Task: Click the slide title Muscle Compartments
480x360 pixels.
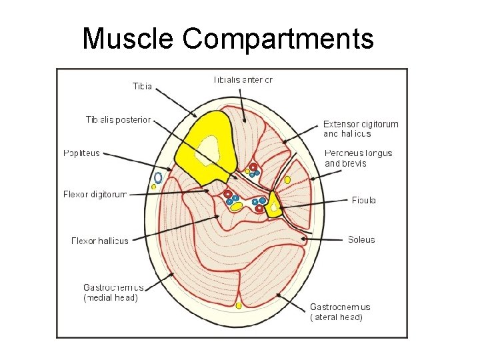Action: [228, 39]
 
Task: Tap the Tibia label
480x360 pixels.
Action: [142, 86]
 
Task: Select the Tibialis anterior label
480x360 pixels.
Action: [243, 79]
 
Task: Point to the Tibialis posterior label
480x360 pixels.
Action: [118, 120]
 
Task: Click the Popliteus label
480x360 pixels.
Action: [81, 153]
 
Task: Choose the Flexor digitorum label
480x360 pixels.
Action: [95, 195]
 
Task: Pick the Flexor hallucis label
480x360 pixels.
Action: [99, 241]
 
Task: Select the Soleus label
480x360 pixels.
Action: [361, 239]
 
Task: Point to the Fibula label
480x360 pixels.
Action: [364, 199]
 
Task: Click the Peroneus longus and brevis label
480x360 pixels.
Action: [358, 158]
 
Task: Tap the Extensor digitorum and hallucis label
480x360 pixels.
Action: [361, 129]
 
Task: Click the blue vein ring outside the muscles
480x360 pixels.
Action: [158, 178]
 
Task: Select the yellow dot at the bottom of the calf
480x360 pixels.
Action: [239, 306]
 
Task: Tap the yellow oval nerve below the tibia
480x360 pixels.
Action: [236, 207]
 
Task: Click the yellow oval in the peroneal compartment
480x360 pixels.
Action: [287, 180]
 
